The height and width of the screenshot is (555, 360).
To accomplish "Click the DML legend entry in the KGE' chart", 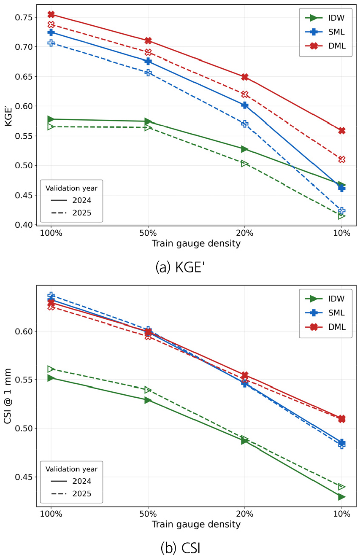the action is tap(325, 46).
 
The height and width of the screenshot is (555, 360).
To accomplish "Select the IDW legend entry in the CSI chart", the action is tap(325, 299).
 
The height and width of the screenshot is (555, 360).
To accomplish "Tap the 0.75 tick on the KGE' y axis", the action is tap(24, 17).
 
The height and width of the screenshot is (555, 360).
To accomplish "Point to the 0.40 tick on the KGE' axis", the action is tap(24, 225).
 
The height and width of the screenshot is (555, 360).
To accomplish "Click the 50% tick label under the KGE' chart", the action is tap(148, 233).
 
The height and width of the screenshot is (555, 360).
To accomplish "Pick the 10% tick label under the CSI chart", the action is tap(342, 514).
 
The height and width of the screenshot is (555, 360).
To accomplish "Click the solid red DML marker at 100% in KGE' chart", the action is tap(51, 14).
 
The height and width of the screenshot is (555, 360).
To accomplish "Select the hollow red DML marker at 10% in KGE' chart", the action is tap(342, 159).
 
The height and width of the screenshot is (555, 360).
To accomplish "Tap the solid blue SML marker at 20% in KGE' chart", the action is tap(245, 105).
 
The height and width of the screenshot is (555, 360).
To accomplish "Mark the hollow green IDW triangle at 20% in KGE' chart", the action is tap(244, 164).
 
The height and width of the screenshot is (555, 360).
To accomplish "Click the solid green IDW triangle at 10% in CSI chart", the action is tap(342, 497).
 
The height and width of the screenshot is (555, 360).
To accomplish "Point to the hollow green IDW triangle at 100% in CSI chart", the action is tap(51, 369).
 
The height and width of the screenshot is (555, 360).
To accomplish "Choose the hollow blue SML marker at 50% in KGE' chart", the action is tap(148, 73).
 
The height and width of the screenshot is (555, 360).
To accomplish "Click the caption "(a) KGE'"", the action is tap(180, 267).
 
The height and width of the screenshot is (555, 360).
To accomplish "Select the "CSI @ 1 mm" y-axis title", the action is tap(8, 396).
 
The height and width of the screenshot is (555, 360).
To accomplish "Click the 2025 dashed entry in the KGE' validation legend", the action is tap(71, 213).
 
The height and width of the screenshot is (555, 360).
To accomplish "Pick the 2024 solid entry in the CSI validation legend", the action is tap(71, 481).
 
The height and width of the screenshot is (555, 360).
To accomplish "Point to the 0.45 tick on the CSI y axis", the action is tap(24, 477).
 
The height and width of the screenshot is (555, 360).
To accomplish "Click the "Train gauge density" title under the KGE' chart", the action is tap(196, 244).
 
